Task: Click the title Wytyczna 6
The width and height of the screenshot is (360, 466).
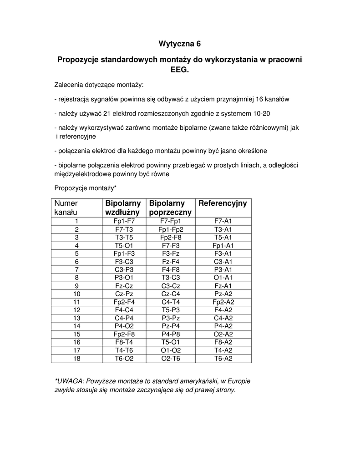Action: (x=179, y=44)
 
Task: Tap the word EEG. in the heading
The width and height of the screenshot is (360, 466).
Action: (x=179, y=70)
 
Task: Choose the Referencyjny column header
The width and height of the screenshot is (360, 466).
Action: (x=223, y=203)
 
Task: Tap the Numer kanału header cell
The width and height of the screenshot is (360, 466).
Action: (x=66, y=208)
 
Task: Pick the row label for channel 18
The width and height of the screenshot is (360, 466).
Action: (x=77, y=359)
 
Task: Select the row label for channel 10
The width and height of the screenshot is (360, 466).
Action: (x=77, y=294)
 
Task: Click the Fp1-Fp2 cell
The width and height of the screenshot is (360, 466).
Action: (x=171, y=229)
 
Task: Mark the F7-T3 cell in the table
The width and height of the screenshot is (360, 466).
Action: (x=124, y=229)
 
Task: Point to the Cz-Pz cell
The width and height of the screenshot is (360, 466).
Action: (x=124, y=294)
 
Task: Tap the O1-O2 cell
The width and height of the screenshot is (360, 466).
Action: (x=171, y=350)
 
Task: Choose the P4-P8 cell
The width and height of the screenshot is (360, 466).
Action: (x=171, y=334)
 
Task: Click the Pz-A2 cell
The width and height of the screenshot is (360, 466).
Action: (x=223, y=294)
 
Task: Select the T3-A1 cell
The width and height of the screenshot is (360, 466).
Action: (x=223, y=229)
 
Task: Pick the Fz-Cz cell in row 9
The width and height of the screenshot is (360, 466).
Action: (x=124, y=286)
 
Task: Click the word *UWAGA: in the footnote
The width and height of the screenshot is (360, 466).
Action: (x=69, y=381)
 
